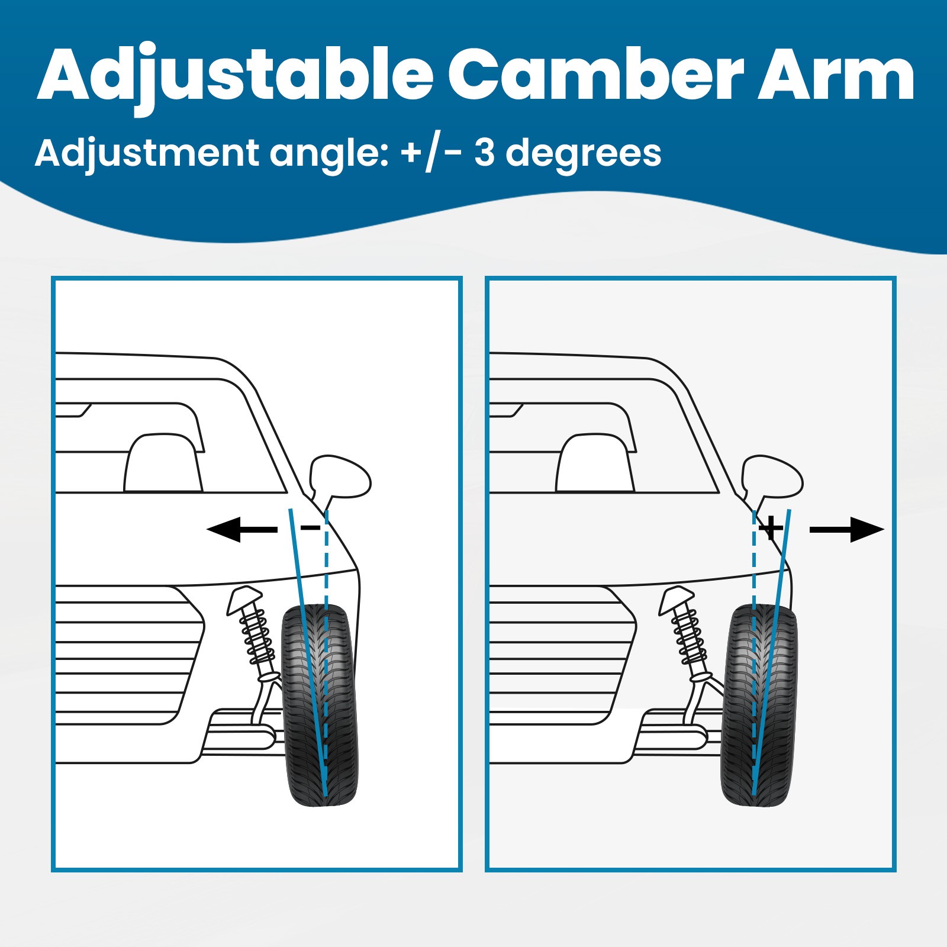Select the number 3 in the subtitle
pos(484,153)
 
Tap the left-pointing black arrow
pos(242,529)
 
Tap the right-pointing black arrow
pos(846,529)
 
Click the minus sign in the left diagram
pos(311,527)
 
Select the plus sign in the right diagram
pos(771,527)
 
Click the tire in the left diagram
pos(320,705)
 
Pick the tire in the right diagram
pos(759,705)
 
